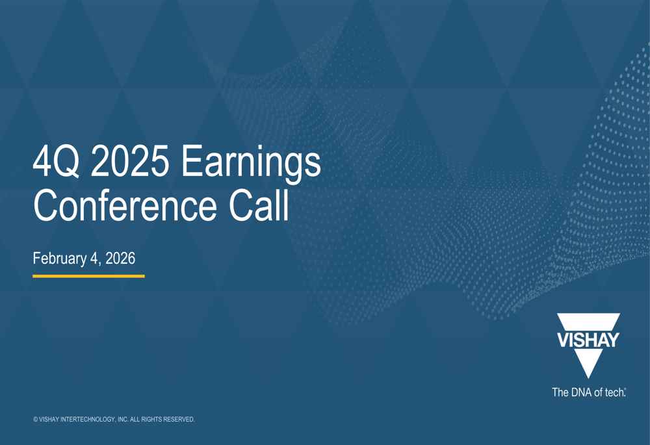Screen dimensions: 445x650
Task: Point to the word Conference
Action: click(125, 206)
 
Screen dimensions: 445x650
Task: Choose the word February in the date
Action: click(60, 259)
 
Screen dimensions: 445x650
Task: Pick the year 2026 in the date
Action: click(120, 259)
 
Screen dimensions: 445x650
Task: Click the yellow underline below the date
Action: click(88, 276)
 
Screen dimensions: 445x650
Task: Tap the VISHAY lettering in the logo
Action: click(588, 340)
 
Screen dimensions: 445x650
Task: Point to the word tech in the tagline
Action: click(613, 392)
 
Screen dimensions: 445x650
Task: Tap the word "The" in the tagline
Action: click(560, 392)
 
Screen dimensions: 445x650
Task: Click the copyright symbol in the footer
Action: click(35, 420)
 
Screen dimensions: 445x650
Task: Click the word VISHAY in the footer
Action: click(49, 420)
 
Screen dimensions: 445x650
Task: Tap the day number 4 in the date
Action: click(95, 259)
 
